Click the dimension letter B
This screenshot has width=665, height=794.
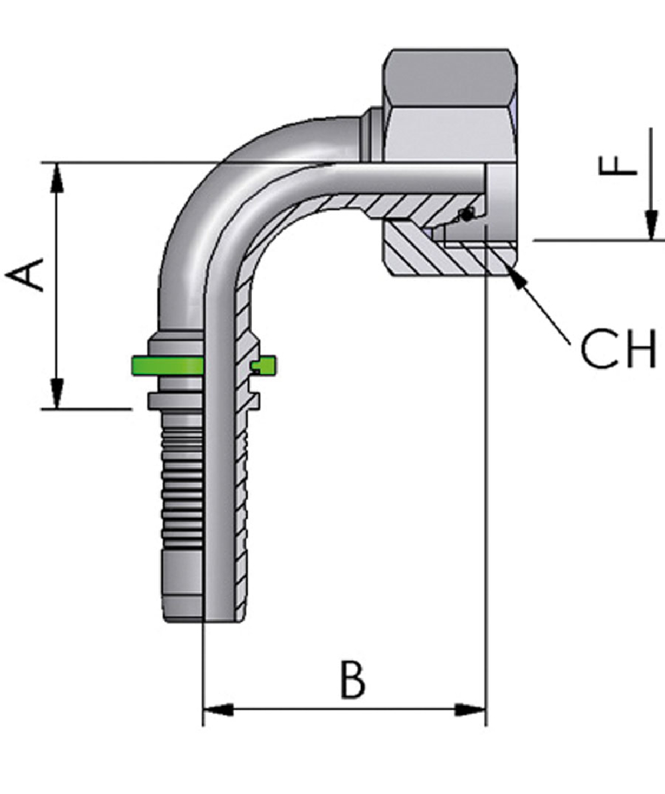(352, 679)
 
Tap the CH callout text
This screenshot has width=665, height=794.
(618, 350)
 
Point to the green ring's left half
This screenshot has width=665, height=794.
(166, 364)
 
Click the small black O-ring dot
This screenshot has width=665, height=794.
(467, 214)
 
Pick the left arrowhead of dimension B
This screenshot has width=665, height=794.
(217, 710)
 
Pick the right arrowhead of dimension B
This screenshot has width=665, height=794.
(471, 710)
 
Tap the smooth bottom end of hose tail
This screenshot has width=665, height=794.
(182, 592)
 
